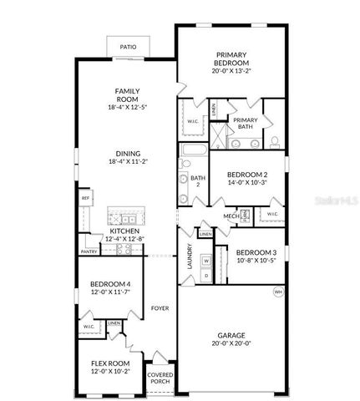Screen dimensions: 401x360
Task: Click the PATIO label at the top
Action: [128, 48]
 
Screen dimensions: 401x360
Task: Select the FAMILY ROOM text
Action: [128, 96]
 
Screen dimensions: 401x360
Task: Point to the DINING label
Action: [128, 153]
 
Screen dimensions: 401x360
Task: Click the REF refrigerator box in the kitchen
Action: [85, 198]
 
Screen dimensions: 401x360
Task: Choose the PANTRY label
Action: [89, 251]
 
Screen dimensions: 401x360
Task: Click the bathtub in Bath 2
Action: [192, 152]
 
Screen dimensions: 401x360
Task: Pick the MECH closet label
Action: [231, 216]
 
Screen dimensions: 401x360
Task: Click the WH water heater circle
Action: [277, 292]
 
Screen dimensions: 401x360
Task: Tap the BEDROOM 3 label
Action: [256, 252]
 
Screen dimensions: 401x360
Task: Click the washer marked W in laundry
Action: [206, 260]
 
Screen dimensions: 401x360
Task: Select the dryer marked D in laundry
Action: [206, 275]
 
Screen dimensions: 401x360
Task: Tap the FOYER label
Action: [160, 308]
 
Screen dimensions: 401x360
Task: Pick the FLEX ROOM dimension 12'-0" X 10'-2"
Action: [110, 372]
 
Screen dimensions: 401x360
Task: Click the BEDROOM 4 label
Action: [110, 284]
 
